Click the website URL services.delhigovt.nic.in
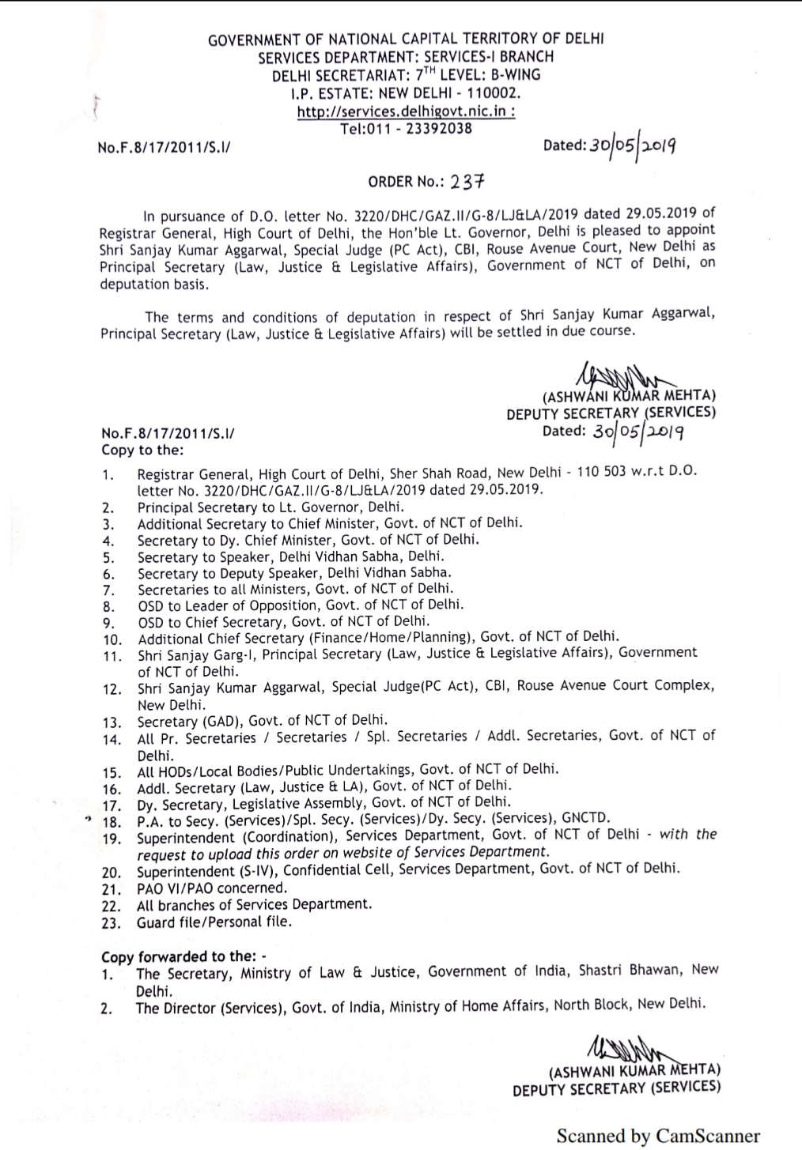click(405, 111)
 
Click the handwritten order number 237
click(467, 182)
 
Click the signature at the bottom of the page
click(626, 1050)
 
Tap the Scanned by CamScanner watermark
click(658, 1136)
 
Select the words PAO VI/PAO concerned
click(212, 888)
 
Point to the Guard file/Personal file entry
click(214, 922)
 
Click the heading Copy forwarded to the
click(184, 956)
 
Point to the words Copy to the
click(142, 451)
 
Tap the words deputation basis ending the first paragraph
click(154, 285)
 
